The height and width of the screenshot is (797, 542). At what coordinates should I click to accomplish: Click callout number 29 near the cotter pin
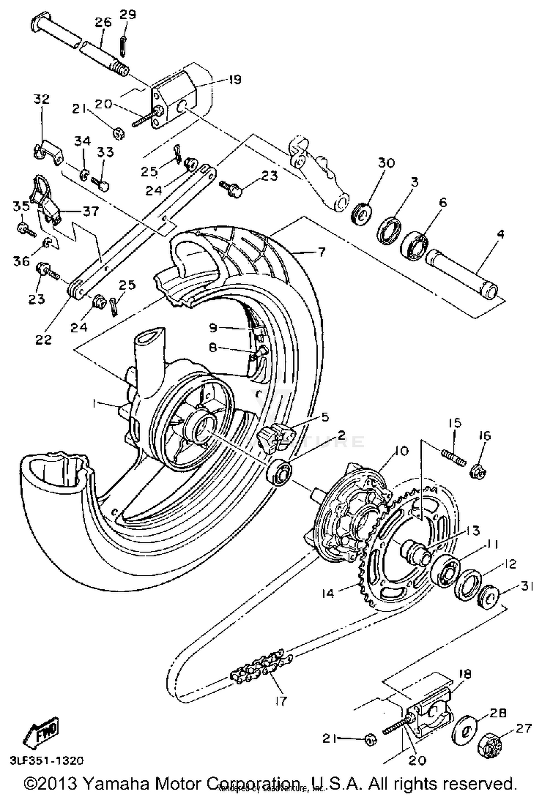(128, 15)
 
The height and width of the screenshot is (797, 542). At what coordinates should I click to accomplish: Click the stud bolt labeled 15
(453, 457)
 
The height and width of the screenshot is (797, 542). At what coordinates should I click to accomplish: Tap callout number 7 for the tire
(321, 251)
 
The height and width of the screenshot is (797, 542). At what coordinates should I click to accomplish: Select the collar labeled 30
(361, 215)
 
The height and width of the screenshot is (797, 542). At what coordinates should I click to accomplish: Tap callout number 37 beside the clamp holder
(90, 211)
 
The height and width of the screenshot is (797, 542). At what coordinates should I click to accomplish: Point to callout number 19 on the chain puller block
(235, 79)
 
